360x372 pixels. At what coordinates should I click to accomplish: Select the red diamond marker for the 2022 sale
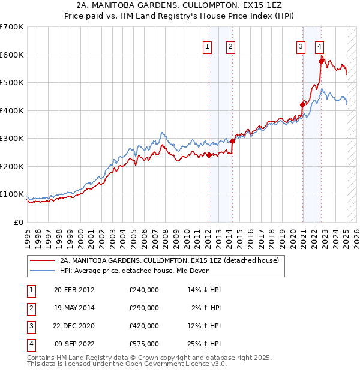pyautogui.click(x=322, y=61)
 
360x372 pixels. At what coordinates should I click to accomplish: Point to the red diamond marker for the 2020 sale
pyautogui.click(x=303, y=104)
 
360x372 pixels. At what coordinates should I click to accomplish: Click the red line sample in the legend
pyautogui.click(x=42, y=261)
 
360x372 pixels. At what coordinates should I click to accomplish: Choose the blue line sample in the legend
pyautogui.click(x=42, y=271)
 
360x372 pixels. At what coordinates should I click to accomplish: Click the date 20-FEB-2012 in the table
pyautogui.click(x=74, y=290)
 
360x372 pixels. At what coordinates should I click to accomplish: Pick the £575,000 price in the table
pyautogui.click(x=144, y=344)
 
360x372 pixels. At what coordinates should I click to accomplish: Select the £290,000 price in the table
pyautogui.click(x=144, y=308)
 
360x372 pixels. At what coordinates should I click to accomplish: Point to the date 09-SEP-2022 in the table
pyautogui.click(x=74, y=344)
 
